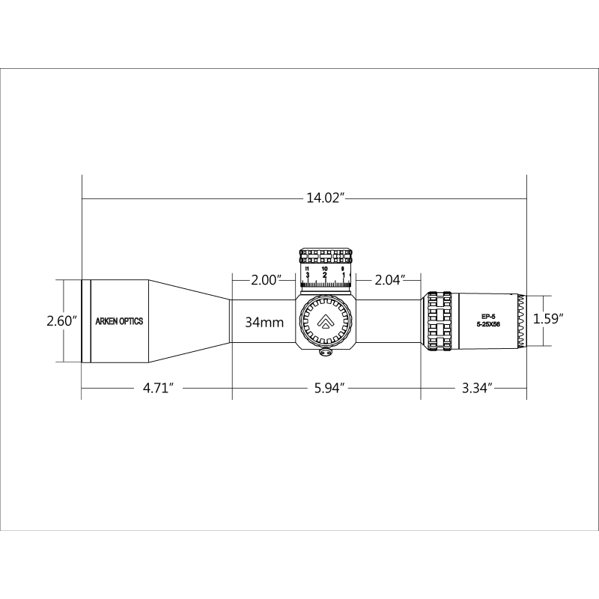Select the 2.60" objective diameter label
point(62,320)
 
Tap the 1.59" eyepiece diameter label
point(548,318)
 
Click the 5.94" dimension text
point(327,389)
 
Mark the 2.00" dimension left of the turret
point(266,280)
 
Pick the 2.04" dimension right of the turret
point(390,280)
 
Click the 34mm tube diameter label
point(264,323)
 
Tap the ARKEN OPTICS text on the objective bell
point(120,321)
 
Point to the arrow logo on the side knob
point(326,321)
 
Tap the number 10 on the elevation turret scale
point(324,268)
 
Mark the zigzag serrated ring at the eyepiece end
point(520,320)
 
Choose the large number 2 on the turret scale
point(324,276)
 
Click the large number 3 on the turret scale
point(308,276)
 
